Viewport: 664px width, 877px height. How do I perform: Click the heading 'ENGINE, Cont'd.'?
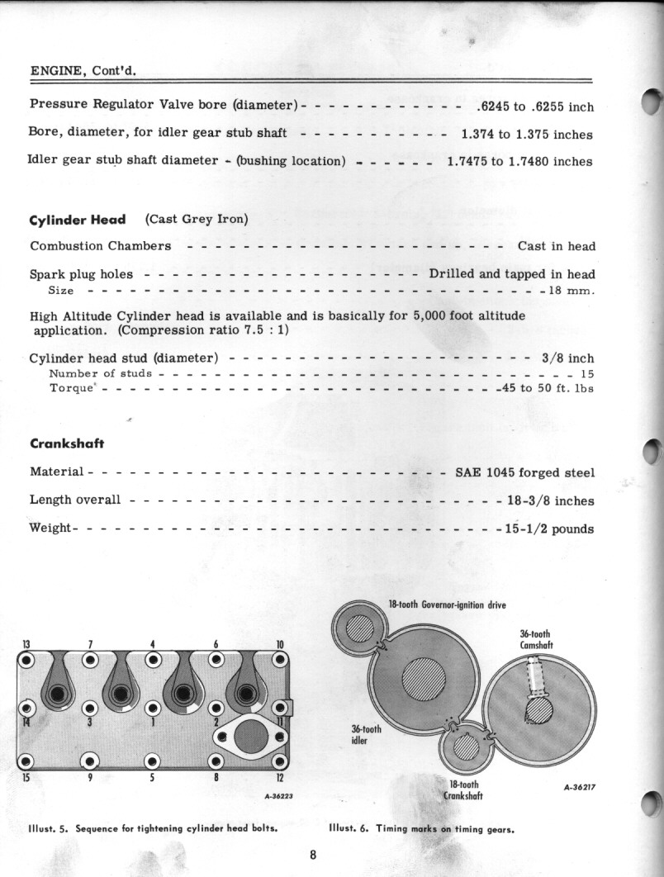83,70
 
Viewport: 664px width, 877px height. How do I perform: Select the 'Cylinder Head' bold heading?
78,220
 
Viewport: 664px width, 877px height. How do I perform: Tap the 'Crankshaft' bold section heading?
66,443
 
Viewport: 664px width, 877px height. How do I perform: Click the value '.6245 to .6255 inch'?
534,107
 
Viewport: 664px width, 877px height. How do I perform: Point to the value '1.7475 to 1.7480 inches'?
519,162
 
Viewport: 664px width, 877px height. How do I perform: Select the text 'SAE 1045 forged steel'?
524,473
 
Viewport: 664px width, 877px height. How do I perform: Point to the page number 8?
313,855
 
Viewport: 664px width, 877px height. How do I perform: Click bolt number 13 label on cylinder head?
26,644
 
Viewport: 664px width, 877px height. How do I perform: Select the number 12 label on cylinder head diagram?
280,777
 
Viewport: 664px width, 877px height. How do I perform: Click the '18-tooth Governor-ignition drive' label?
447,605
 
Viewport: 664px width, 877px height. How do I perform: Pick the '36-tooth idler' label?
366,733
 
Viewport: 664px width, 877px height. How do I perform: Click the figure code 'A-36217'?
579,787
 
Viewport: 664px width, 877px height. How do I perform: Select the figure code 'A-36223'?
280,797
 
